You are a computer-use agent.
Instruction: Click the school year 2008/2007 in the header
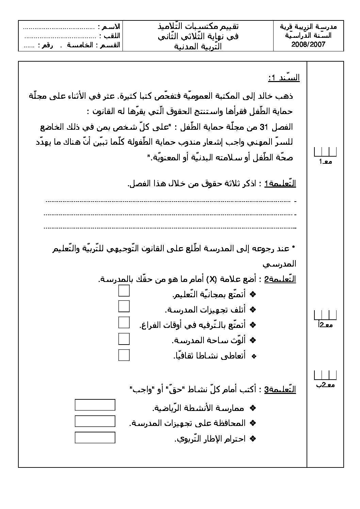coord(308,44)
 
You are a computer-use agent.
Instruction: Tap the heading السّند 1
coord(284,78)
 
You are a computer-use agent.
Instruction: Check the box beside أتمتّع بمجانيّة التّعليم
coord(124,291)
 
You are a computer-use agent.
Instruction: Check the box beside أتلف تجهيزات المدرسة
coord(124,306)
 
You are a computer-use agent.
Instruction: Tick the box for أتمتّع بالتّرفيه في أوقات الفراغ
coord(124,322)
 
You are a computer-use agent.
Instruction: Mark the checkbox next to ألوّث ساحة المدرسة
coord(124,339)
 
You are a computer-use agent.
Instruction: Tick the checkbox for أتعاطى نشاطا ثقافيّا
coord(124,355)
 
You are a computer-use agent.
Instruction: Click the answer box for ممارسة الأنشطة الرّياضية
coord(95,405)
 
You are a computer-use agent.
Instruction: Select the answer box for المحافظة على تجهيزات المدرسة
coord(95,421)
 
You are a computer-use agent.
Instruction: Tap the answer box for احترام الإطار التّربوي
coord(95,438)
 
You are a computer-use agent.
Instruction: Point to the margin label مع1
coord(325,162)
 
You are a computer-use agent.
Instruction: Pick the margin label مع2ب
coord(325,385)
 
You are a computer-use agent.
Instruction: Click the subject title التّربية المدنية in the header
coord(198,46)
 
